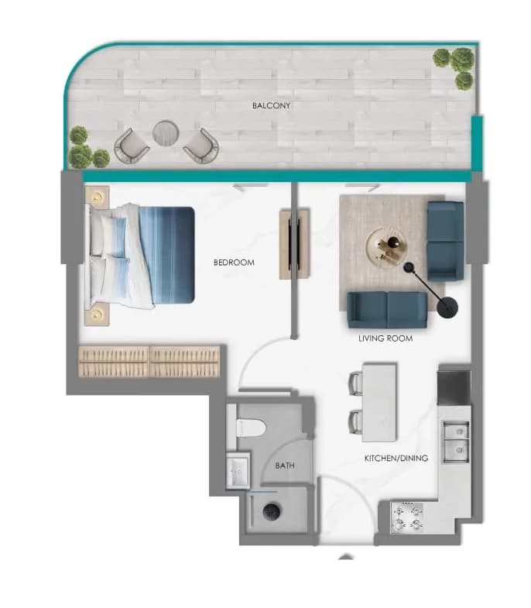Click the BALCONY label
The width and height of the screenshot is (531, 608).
271,105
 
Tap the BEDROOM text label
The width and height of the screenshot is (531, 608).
234,263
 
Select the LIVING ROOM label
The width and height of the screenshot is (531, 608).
385,338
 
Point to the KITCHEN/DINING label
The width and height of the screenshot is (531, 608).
396,458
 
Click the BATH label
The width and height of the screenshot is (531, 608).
285,465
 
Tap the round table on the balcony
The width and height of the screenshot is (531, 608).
166,133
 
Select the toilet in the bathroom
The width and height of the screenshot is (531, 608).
251,428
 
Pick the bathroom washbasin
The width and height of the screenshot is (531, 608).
238,470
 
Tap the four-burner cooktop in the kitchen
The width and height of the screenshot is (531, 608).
407,517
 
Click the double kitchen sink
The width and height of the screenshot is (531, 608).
457,442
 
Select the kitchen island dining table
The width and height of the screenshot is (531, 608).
379,402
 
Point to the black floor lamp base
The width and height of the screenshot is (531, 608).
447,307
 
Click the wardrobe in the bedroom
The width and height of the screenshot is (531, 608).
149,362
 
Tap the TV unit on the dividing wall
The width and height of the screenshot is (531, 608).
295,244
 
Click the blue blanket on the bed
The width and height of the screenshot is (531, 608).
166,255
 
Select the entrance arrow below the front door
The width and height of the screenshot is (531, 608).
346,557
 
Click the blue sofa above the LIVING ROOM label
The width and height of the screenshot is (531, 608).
387,310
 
